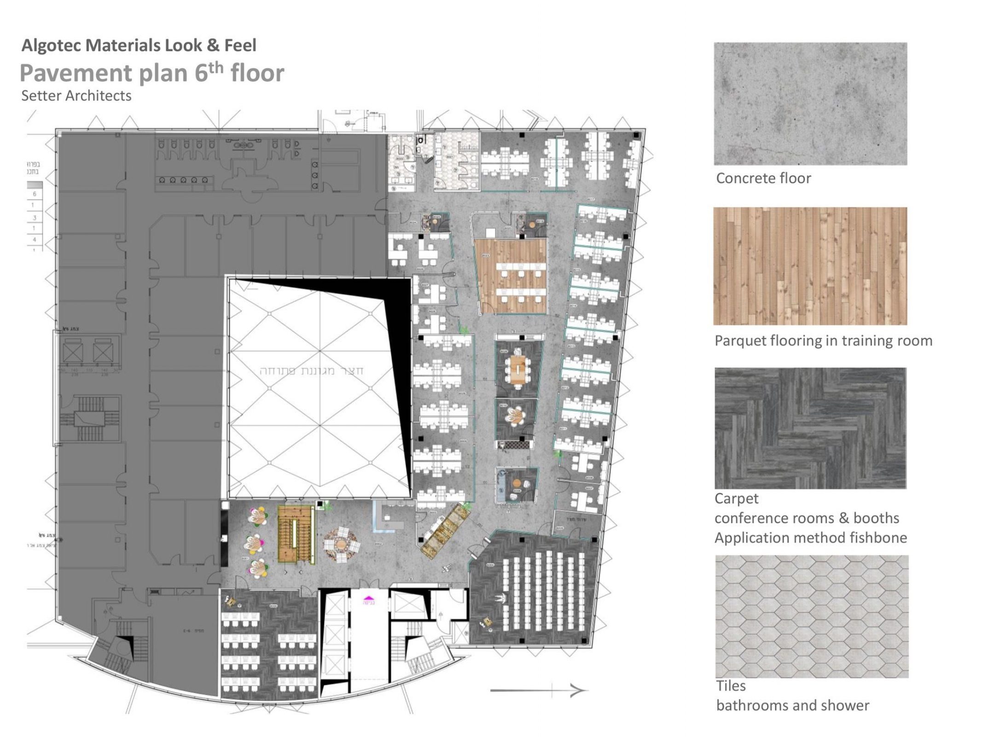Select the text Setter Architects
pyautogui.click(x=76, y=96)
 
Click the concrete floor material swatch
pyautogui.click(x=810, y=104)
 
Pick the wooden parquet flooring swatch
pyautogui.click(x=810, y=266)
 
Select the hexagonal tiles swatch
pyautogui.click(x=811, y=616)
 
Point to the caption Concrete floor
pyautogui.click(x=763, y=178)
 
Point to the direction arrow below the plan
pyautogui.click(x=539, y=690)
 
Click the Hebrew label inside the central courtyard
pyautogui.click(x=312, y=371)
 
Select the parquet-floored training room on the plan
pyautogui.click(x=512, y=275)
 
